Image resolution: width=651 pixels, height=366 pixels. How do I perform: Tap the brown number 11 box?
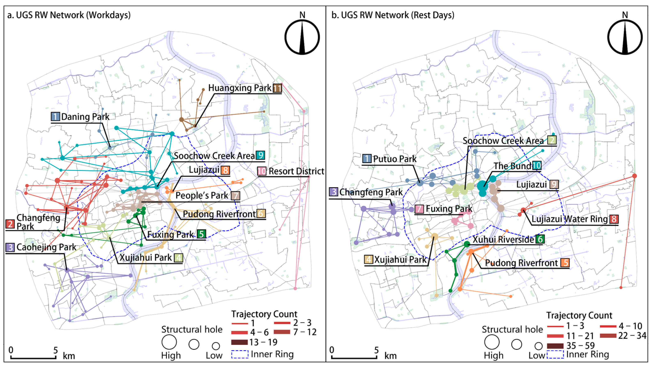tap(277, 89)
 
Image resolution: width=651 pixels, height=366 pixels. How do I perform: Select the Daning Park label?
tap(85, 117)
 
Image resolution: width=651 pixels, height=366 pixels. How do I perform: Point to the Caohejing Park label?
tap(46, 247)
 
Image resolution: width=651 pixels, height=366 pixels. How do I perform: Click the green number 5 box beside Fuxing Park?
tap(201, 234)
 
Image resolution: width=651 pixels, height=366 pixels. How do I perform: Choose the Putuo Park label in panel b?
tap(395, 159)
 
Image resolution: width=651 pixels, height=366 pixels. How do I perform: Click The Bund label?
tap(512, 166)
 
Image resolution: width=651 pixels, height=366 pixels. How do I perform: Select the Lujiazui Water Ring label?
tap(570, 219)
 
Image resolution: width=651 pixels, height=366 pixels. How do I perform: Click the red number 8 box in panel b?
tap(614, 219)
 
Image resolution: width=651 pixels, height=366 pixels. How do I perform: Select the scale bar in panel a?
tap(33, 357)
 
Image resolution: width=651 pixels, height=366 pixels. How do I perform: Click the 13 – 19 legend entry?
tap(263, 342)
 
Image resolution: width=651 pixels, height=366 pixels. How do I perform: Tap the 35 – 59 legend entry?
tap(580, 345)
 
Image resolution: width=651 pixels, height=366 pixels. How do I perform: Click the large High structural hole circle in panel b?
tap(491, 342)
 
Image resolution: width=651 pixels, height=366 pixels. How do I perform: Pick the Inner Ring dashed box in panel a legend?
tap(240, 354)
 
